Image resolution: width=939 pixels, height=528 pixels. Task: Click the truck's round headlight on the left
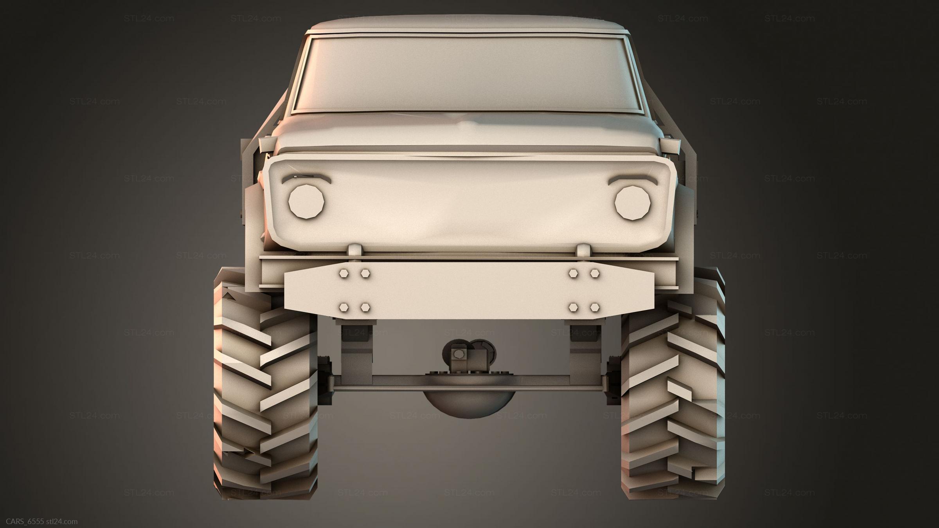pos(307,202)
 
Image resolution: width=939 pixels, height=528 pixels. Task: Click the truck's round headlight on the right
pos(633,202)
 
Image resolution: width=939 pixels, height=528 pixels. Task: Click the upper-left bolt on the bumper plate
pos(345,273)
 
